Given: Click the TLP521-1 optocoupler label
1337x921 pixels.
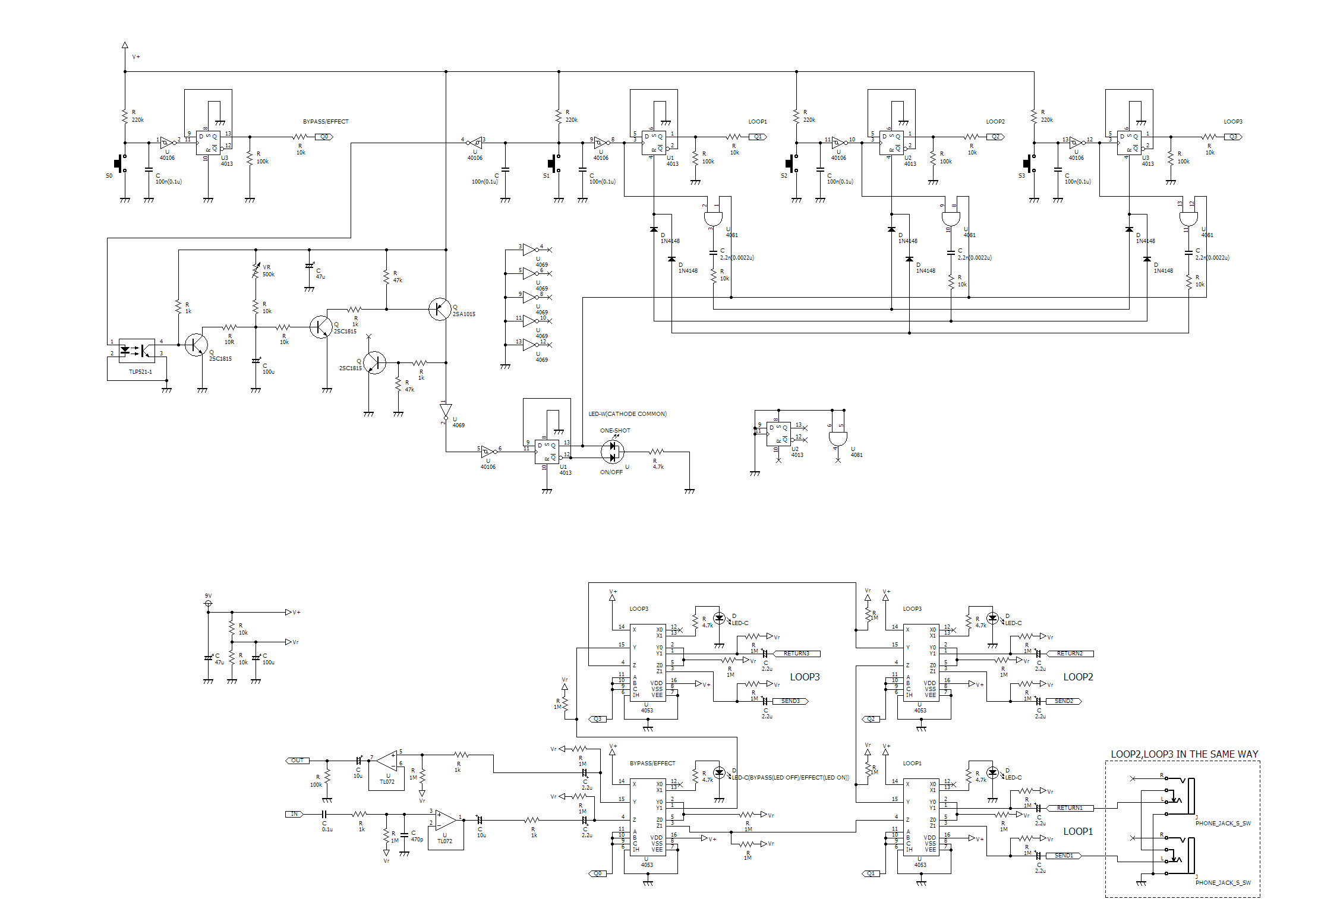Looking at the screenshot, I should [x=140, y=372].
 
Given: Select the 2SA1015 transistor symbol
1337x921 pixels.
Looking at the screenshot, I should [x=440, y=309].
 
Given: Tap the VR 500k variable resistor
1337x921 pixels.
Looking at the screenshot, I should [x=256, y=271].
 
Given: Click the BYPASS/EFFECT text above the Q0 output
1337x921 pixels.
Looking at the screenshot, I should [x=326, y=122].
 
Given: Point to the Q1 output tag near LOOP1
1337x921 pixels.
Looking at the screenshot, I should [x=758, y=137].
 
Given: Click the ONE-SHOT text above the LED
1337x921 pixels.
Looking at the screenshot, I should [x=615, y=431].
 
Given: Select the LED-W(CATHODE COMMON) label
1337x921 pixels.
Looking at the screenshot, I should [x=627, y=414].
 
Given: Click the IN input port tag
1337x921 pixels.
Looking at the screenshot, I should [x=294, y=814].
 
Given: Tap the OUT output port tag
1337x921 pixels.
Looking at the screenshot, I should [x=297, y=761].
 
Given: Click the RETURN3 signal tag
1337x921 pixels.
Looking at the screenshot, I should [x=796, y=654].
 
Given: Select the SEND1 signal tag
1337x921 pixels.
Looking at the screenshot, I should [x=1064, y=856].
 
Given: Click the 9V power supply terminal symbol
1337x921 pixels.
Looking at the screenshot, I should [x=208, y=604].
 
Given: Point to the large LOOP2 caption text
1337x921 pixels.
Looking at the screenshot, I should [x=1078, y=677].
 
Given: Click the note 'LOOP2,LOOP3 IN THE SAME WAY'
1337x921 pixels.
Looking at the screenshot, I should [x=1184, y=754].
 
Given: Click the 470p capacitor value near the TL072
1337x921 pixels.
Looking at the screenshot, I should [x=417, y=840].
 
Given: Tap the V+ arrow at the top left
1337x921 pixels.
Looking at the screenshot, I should [x=125, y=45].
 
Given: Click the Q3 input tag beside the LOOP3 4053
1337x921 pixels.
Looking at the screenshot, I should [x=598, y=719].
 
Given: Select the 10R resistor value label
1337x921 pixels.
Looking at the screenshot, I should [x=229, y=342].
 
